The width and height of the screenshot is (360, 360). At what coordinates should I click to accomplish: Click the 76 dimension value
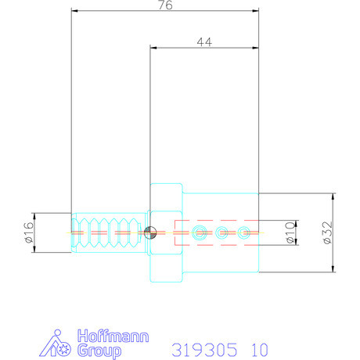(x=164, y=5)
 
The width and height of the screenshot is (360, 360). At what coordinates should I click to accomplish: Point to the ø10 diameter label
(x=289, y=232)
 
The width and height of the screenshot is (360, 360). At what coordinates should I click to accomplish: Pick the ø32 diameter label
(x=327, y=232)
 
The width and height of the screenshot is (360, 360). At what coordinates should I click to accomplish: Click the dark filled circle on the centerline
(x=150, y=232)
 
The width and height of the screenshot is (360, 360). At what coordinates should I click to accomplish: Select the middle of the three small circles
(x=222, y=232)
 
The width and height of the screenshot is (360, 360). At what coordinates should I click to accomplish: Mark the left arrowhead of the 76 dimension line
(x=75, y=11)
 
